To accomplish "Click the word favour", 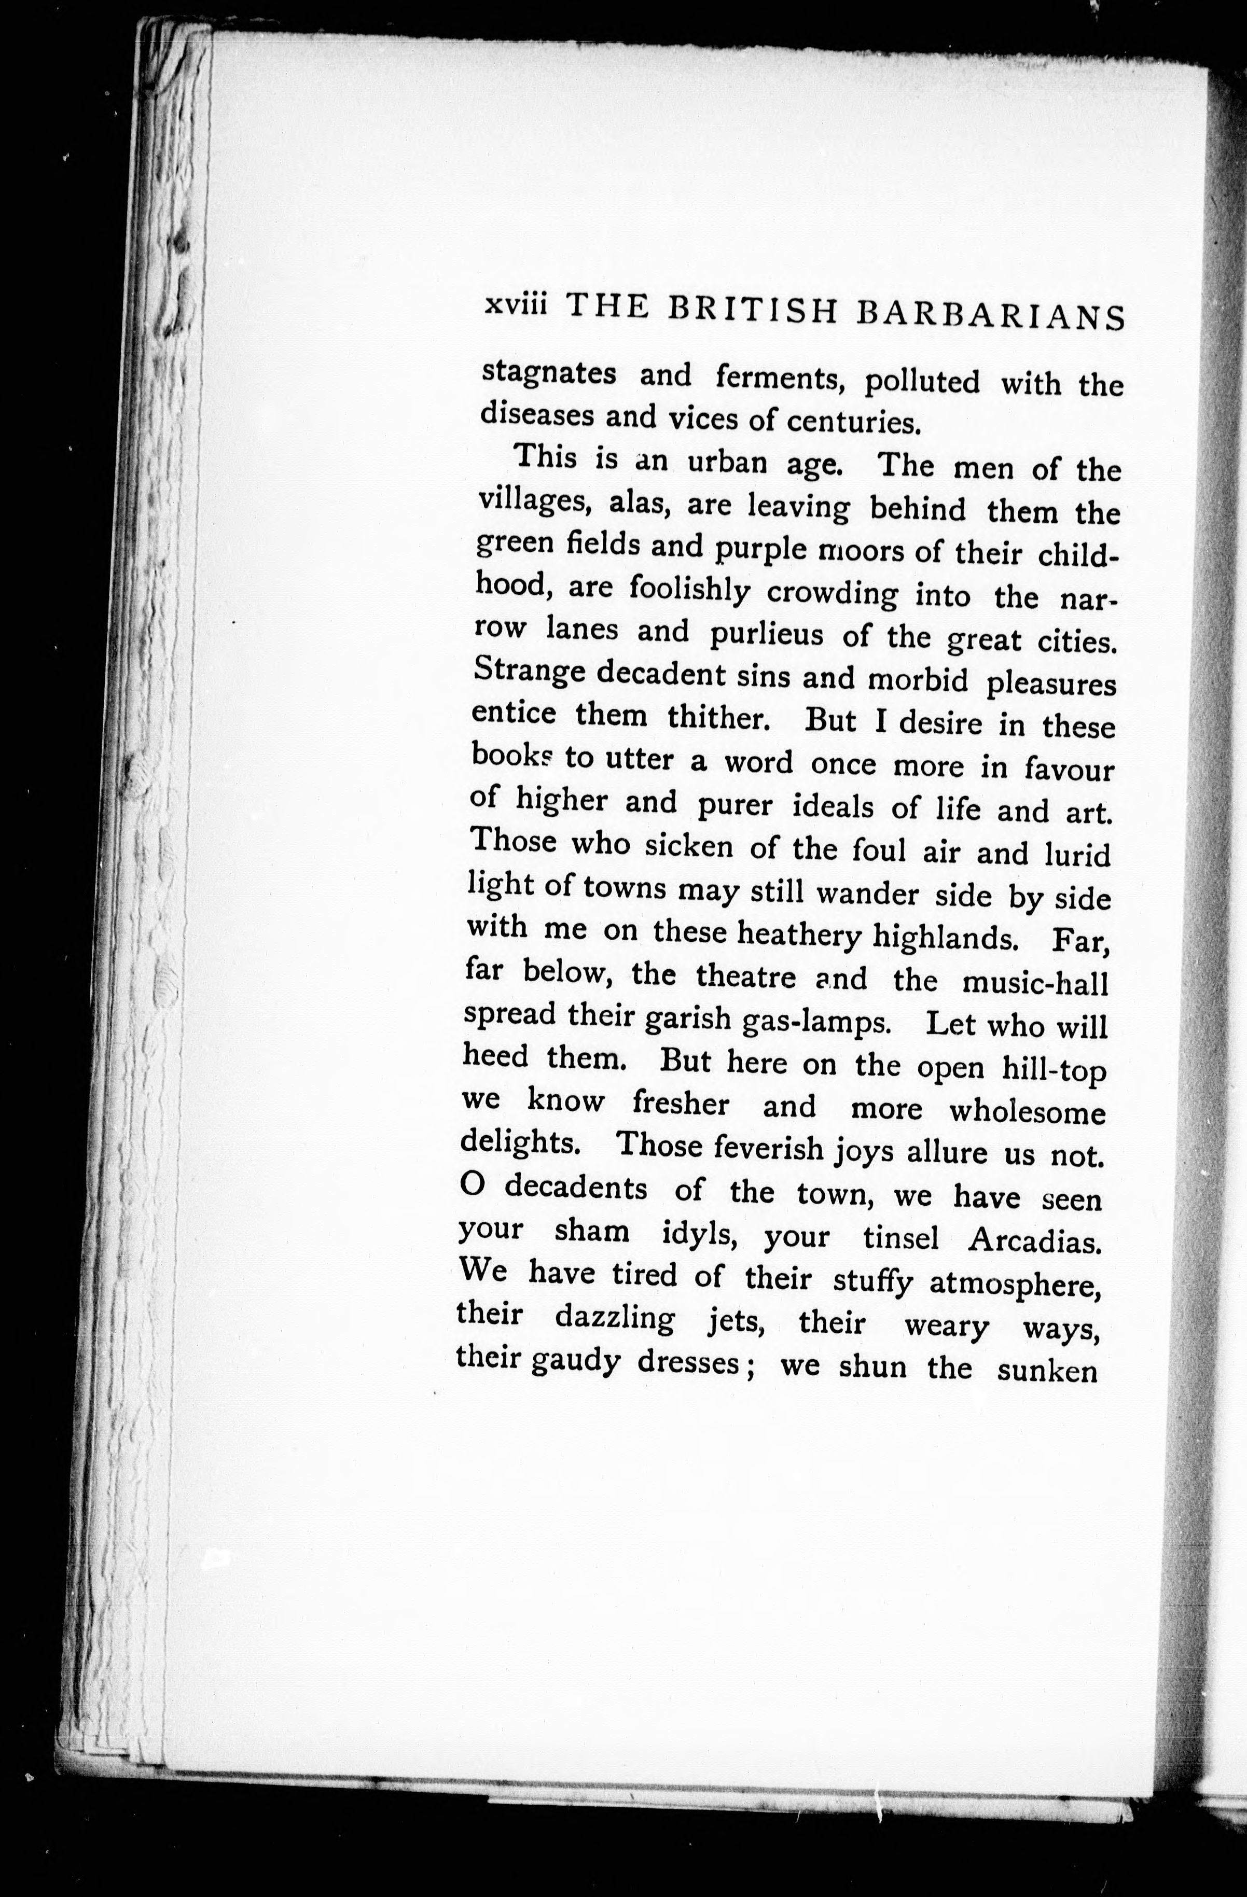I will (1068, 770).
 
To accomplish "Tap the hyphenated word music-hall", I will (1036, 984).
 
